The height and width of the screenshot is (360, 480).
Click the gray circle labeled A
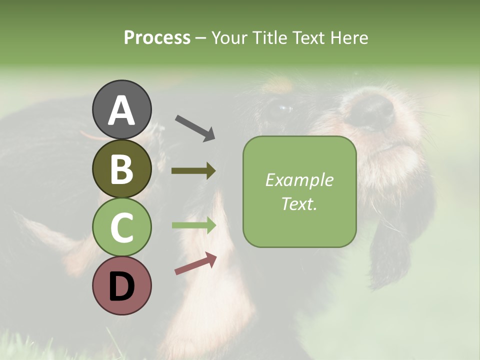121,109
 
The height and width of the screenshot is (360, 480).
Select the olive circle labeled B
121,168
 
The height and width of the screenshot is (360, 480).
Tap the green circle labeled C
121,227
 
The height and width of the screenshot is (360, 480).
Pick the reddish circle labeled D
121,285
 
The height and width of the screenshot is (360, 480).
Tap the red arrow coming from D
195,264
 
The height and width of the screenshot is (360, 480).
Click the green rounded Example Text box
299,191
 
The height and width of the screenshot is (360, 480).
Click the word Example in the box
299,180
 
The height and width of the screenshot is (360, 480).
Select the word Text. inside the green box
299,203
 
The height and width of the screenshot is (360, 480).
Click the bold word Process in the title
157,37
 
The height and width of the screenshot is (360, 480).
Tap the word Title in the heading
267,37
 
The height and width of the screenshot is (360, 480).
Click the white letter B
121,168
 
